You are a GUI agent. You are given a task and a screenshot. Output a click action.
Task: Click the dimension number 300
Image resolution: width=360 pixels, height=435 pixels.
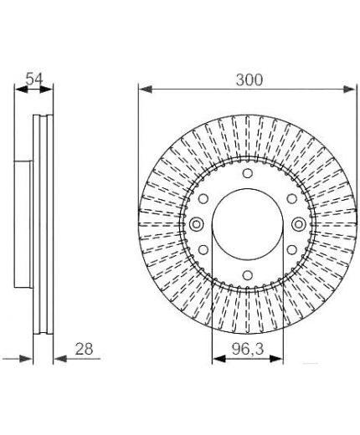click(249, 79)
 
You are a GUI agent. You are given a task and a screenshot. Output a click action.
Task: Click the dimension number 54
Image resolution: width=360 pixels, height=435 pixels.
click(34, 79)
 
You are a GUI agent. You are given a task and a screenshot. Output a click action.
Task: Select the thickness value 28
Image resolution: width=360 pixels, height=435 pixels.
click(84, 349)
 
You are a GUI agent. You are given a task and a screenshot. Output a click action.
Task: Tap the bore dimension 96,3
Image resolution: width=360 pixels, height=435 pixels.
click(248, 349)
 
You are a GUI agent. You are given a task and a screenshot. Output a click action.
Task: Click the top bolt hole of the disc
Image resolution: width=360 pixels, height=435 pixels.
click(247, 173)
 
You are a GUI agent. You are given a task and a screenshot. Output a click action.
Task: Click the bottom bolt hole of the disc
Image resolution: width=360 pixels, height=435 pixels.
click(247, 275)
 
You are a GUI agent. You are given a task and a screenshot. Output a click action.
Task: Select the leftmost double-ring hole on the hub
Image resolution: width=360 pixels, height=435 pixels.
click(196, 224)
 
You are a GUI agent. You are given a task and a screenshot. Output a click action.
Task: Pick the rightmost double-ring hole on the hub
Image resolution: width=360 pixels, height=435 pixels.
click(299, 224)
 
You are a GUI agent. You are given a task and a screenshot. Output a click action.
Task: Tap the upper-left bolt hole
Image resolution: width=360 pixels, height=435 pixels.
click(203, 199)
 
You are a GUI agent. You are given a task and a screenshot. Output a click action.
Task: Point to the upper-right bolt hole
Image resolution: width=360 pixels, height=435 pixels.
click(292, 199)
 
